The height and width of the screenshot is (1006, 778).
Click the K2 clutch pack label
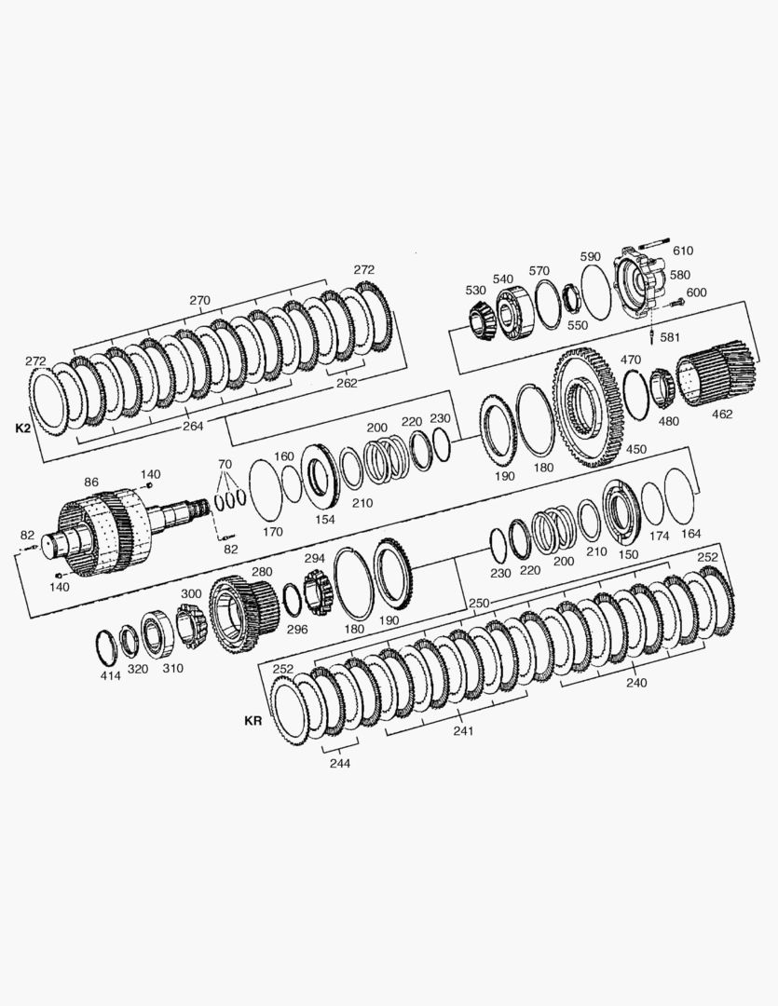pos(23,428)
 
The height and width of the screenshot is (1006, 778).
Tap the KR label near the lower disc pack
pos(253,720)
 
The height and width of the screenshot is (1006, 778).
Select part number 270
pos(199,300)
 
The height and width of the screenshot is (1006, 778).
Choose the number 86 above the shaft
pos(90,482)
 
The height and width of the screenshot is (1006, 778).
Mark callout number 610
pos(683,251)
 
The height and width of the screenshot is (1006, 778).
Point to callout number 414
pos(110,675)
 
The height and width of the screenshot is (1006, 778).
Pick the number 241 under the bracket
pos(463,730)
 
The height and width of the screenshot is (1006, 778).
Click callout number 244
pos(339,762)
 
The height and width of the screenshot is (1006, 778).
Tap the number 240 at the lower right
pos(636,682)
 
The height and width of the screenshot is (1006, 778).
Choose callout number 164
pos(690,534)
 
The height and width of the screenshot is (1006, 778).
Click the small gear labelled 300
pos(192,624)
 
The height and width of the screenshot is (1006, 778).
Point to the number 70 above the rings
pos(225,463)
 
